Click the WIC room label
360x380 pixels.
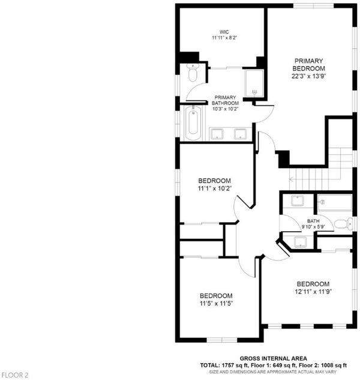[x=224, y=32]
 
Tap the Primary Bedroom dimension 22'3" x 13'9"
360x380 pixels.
[x=308, y=76]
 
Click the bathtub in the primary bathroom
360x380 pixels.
[x=193, y=122]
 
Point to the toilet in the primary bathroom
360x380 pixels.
[x=193, y=73]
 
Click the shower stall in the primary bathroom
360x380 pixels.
[x=254, y=83]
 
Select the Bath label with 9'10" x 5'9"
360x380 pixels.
[x=313, y=224]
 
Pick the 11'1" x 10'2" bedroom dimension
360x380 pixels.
[x=215, y=188]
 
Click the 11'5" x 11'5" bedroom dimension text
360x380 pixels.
[x=216, y=303]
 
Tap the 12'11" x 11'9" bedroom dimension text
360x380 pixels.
[x=313, y=292]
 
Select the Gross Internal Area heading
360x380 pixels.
[x=273, y=358]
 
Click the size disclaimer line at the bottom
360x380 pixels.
[x=273, y=372]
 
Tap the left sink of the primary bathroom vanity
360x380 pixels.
[x=217, y=134]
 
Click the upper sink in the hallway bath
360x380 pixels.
[x=298, y=201]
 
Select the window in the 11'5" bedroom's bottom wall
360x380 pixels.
[x=221, y=340]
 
